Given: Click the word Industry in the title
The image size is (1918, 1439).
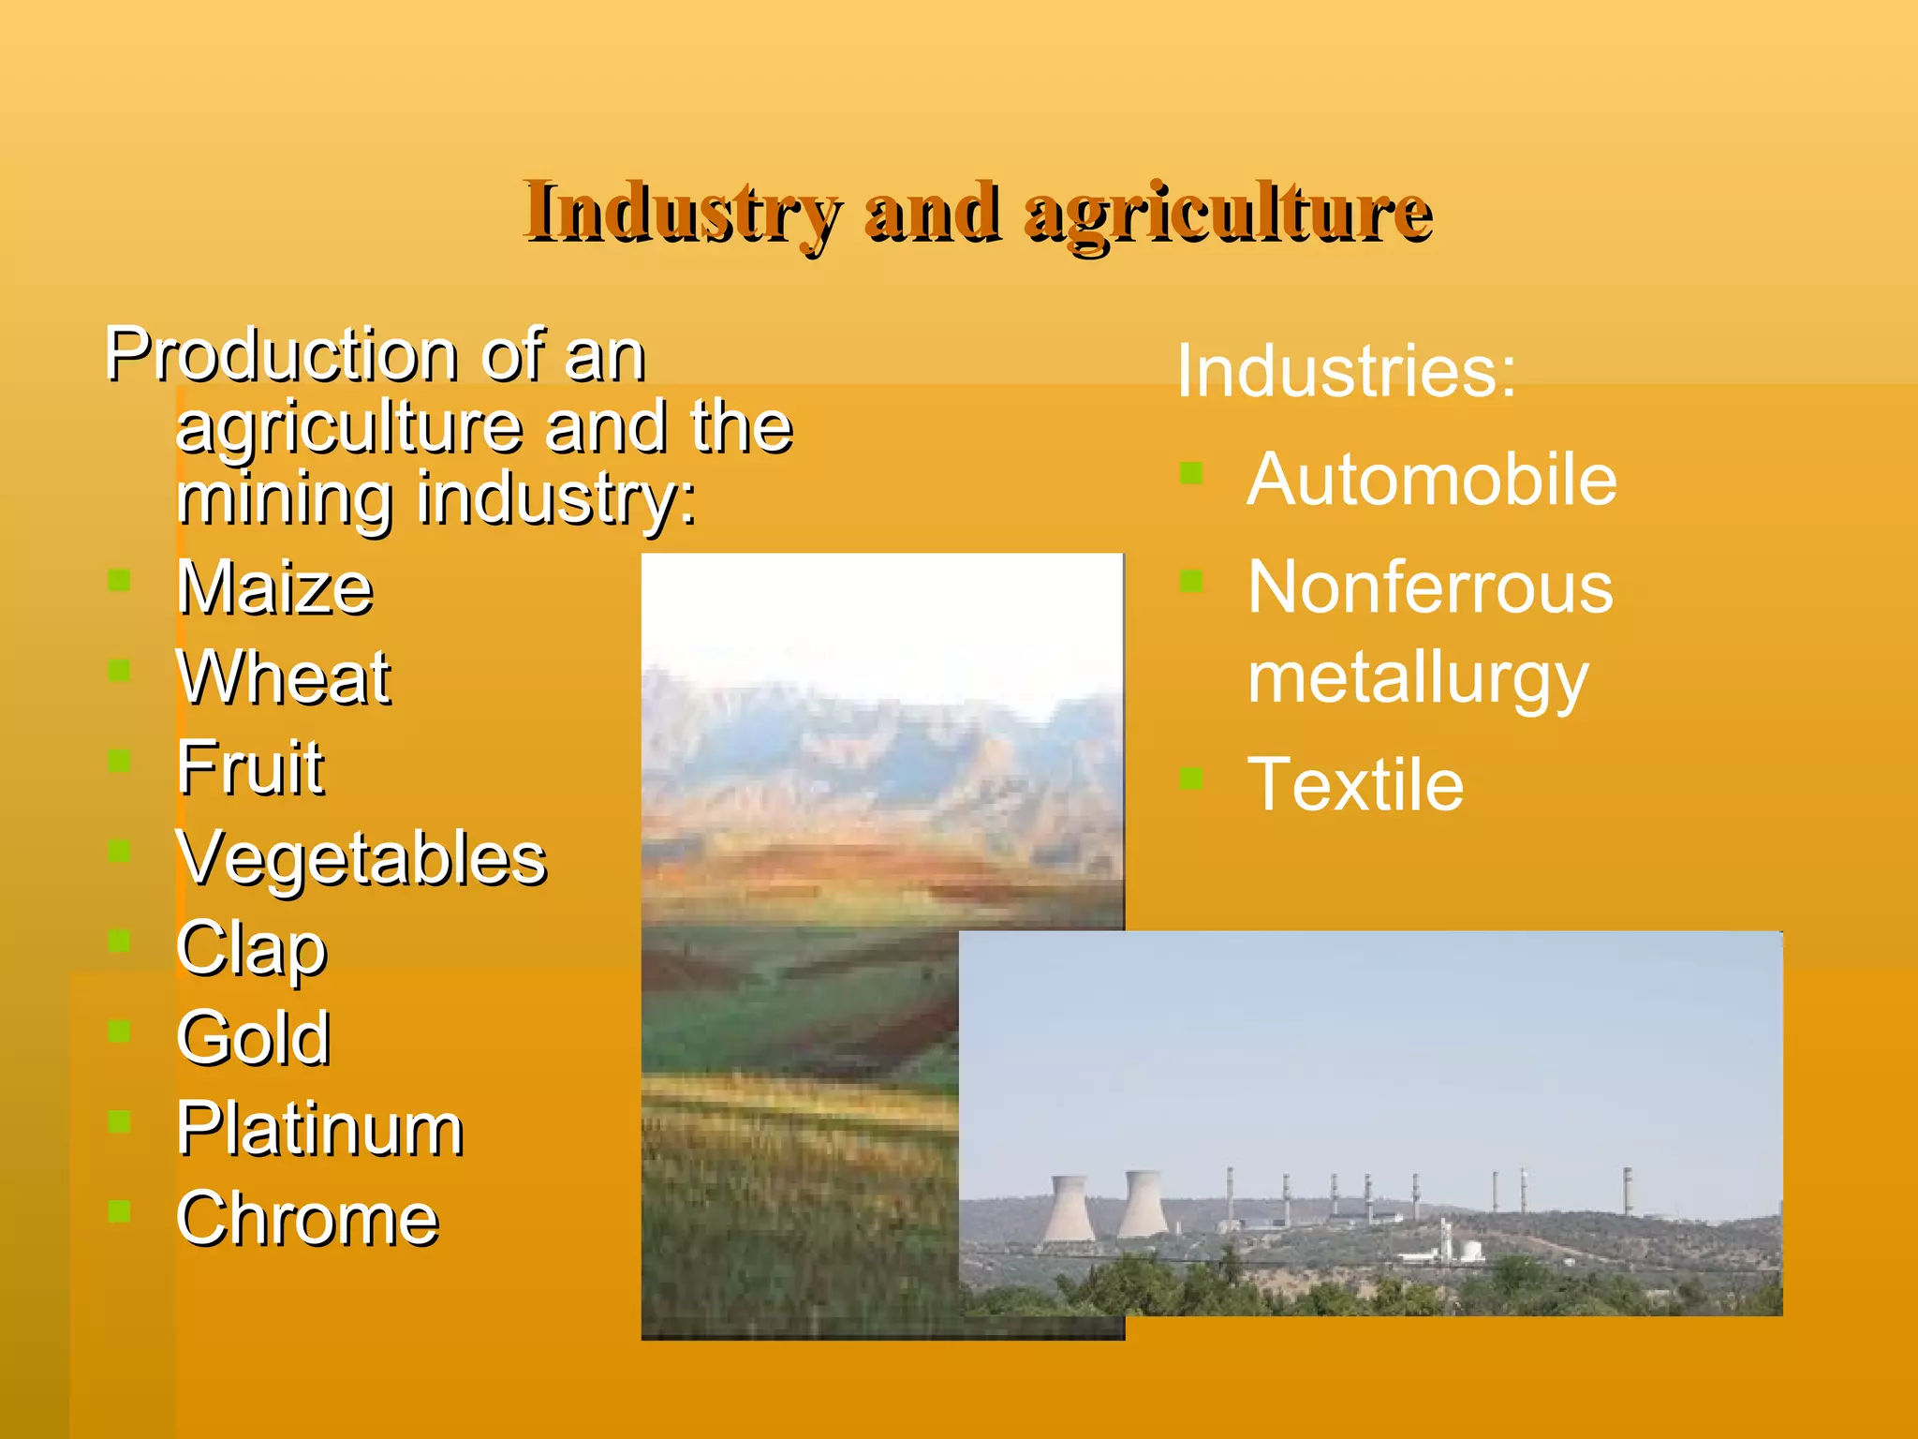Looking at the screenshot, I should (681, 213).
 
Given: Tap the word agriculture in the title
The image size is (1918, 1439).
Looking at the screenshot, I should (1229, 213).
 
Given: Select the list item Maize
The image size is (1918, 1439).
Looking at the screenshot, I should (274, 588).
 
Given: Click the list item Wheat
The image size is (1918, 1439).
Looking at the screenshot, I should (283, 678).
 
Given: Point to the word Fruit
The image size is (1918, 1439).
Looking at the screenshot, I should (250, 768).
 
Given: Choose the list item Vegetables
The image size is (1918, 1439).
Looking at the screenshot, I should (361, 858).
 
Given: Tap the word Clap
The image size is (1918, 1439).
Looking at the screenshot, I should (251, 949).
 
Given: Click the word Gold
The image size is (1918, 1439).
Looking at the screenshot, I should (253, 1038).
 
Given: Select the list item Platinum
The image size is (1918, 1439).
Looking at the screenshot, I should (319, 1129).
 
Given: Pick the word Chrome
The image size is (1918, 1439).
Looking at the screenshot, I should (307, 1219).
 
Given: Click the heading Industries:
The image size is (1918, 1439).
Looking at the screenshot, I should (1345, 371).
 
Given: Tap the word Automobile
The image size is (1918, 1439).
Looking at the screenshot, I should (1431, 480).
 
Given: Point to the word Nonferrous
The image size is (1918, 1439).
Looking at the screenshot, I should (1430, 587).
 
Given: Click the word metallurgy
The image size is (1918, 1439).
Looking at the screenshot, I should (1418, 678).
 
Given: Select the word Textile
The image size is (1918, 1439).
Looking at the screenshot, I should (1355, 784).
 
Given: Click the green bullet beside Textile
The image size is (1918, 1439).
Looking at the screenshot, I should (1191, 779).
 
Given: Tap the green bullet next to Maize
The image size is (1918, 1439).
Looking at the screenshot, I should (119, 581).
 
